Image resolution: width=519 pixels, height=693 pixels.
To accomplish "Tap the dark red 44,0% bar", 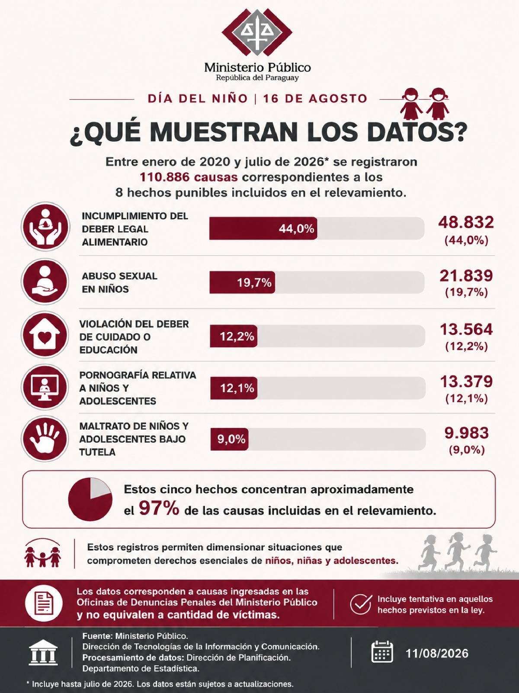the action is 263,228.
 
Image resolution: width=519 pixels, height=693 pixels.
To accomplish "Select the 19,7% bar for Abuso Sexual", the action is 242,282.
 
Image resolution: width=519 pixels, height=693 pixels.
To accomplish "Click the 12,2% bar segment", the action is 234,336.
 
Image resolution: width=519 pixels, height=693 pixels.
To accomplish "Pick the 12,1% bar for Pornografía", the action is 234,388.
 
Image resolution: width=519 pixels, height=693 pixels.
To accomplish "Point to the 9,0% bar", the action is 229,439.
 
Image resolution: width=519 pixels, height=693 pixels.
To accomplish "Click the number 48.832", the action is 466,223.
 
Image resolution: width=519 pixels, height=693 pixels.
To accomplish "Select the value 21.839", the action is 466,275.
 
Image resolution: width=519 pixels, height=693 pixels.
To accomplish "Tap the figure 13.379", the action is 466,382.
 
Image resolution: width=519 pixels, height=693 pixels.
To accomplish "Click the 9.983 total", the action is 466,433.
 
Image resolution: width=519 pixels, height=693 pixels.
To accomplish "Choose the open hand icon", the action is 45,439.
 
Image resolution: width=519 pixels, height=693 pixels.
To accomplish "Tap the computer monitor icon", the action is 45,387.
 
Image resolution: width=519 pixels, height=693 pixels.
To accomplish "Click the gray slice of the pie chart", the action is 99,487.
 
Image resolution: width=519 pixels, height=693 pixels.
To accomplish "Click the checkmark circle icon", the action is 361,604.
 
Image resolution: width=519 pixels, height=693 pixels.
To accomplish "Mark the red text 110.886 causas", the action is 189,178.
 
